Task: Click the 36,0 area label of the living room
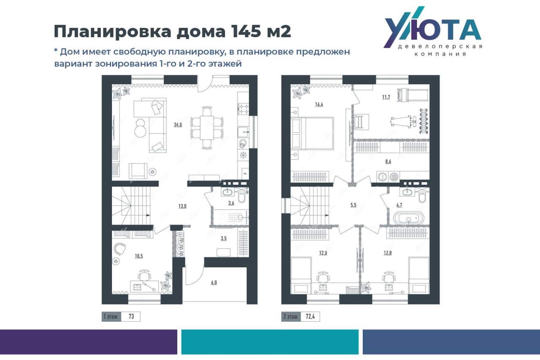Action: [178, 125]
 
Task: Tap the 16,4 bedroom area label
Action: [319, 104]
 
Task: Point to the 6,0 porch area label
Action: [214, 282]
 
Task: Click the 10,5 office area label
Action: [139, 256]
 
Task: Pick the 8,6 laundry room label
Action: [388, 162]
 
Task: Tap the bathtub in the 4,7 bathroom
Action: [409, 218]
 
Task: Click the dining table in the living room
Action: [207, 127]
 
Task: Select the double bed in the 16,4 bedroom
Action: [313, 133]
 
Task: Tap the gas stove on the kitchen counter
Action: [243, 108]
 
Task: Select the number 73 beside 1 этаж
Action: [131, 316]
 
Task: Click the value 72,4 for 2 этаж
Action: [310, 316]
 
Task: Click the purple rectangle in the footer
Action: [89, 341]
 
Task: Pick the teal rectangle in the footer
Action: [270, 341]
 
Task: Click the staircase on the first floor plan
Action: [131, 206]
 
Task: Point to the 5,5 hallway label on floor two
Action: [354, 205]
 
